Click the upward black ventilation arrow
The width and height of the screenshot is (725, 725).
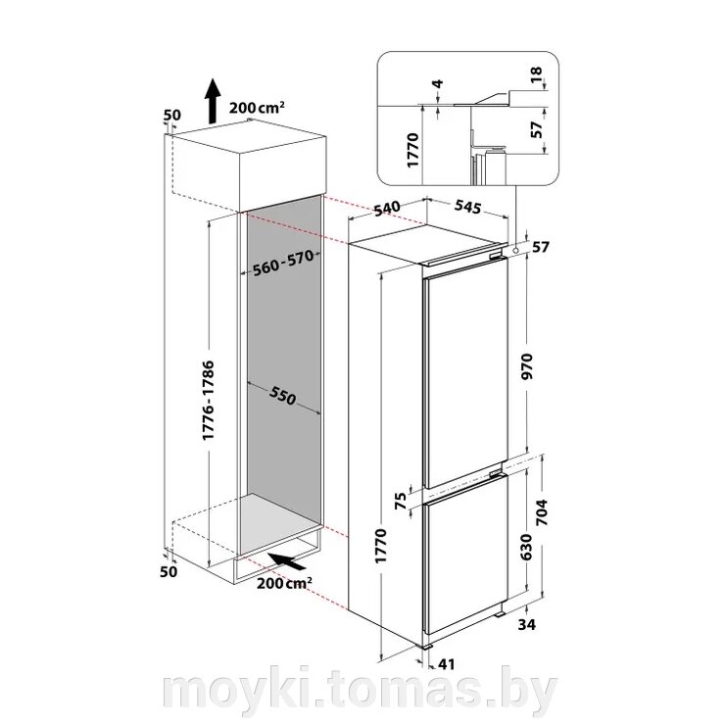coord(213,101)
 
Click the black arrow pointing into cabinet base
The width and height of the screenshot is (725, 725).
coord(287,560)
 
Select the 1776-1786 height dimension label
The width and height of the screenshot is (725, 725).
coord(209,401)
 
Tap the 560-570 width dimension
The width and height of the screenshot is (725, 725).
coord(283,263)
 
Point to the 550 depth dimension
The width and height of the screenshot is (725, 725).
coord(282,396)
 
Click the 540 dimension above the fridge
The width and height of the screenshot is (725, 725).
coord(387,208)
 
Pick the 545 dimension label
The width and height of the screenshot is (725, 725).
coord(467,206)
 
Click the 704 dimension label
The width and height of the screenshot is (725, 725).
coord(541,512)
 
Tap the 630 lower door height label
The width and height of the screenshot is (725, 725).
coord(527,547)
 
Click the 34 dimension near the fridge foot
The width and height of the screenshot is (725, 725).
coord(527,625)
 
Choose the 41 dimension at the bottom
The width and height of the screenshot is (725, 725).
coord(446,664)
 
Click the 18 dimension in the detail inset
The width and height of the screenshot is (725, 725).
coord(536,74)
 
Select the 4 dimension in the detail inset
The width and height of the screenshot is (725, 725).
coord(437,83)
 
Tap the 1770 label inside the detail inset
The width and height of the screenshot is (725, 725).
coord(411,150)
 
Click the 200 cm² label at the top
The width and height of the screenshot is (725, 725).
coord(257,108)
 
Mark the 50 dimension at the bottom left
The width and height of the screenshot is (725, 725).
coord(169,572)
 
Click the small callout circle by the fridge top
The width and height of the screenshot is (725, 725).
coord(515,250)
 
